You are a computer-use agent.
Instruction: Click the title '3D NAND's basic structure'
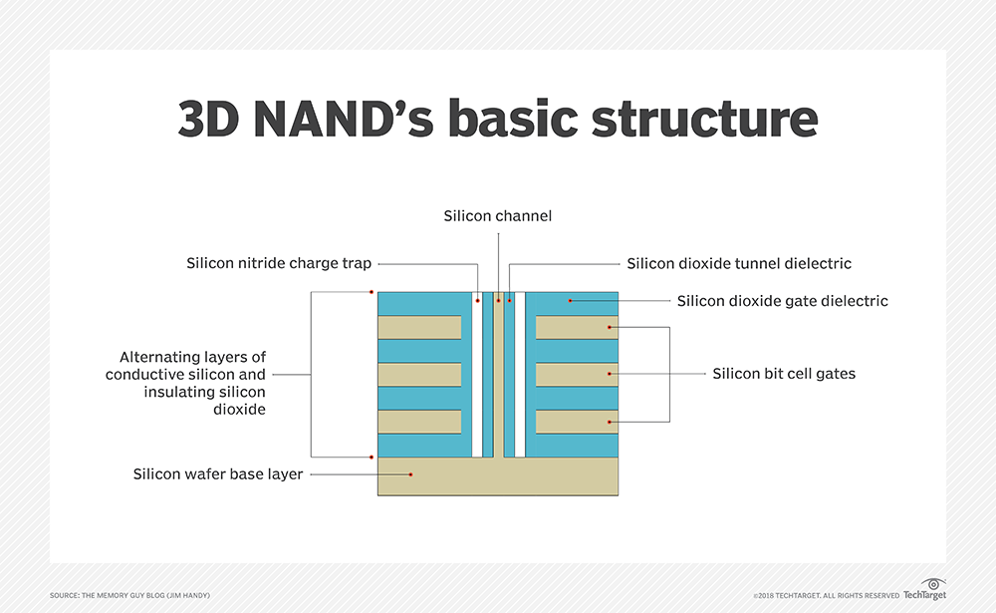(498, 118)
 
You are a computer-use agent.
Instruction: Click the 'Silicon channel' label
(497, 215)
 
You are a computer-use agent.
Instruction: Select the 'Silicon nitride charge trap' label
(279, 263)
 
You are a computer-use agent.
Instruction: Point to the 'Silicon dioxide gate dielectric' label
(782, 300)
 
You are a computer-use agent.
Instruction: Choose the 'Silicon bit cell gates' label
(784, 374)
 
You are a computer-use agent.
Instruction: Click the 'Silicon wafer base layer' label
(218, 474)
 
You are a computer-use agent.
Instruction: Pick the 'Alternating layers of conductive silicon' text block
(187, 383)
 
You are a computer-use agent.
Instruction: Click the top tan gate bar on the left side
(419, 327)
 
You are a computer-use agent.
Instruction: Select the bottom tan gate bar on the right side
(577, 422)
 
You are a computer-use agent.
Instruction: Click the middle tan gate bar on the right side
(577, 375)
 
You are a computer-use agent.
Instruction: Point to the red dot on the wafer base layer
(406, 474)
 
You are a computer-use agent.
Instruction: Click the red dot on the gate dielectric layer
(570, 300)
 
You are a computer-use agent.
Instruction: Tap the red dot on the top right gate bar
(610, 327)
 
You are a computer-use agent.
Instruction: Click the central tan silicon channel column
(498, 379)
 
